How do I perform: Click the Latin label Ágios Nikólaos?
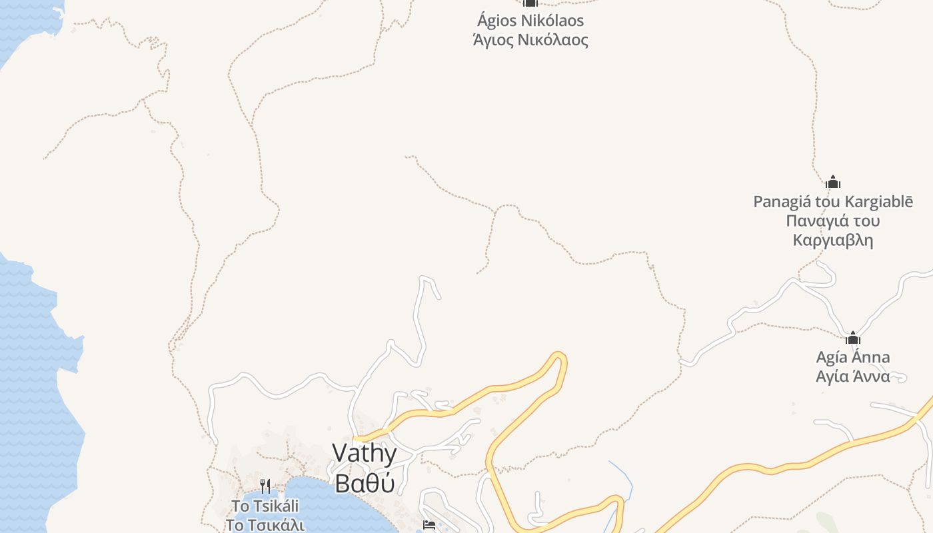tap(530, 21)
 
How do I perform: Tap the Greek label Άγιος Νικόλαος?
tap(530, 40)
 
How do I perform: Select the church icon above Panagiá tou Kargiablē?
tap(832, 182)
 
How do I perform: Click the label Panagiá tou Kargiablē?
tap(833, 201)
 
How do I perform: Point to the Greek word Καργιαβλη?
tap(833, 240)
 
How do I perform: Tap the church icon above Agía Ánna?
tap(852, 338)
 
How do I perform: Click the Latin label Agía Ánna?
tap(852, 357)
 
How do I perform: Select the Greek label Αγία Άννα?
tap(852, 376)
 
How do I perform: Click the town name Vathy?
tap(364, 454)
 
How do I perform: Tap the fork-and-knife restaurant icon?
tap(265, 486)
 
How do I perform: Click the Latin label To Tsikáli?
tap(265, 506)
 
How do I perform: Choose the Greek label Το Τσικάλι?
tap(265, 525)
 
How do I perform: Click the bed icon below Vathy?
tap(429, 526)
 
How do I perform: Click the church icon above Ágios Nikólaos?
tap(530, 3)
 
